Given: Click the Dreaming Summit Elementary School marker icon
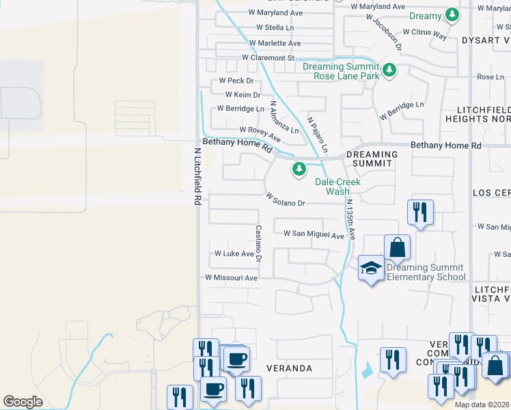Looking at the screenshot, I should pos(371,269).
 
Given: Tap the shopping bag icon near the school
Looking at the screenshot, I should pos(397,249).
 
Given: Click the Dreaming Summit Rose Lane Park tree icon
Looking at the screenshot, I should pos(389,70).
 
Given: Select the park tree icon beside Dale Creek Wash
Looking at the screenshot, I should pos(299,168).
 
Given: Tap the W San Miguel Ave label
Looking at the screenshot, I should pos(314,234).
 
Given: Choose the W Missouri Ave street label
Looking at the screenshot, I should pos(231,278).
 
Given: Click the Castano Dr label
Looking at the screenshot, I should pos(258,243).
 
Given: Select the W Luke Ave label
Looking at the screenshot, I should pos(234,253).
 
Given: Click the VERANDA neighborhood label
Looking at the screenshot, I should pos(290,368).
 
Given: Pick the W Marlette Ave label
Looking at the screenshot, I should pos(275,43).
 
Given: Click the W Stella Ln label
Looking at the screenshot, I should pos(275,27).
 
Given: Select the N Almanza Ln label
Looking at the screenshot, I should pos(284,118).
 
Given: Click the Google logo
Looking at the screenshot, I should pos(23,402).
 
